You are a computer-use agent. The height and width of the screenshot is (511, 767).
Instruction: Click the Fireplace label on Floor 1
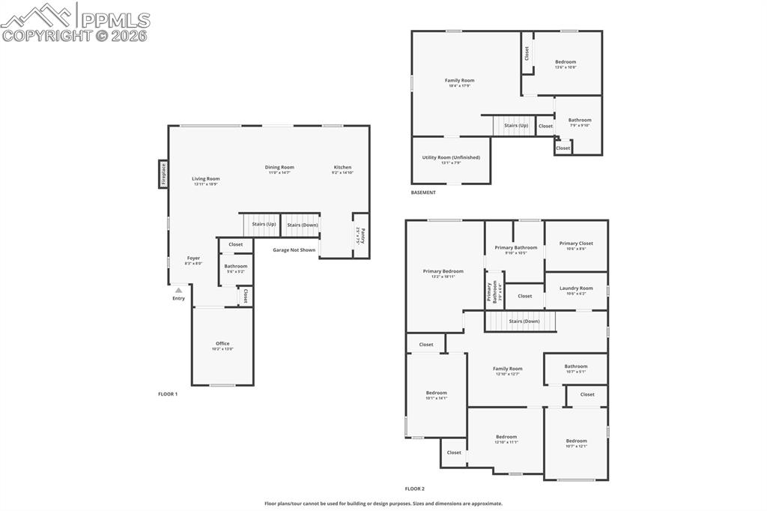point(163,175)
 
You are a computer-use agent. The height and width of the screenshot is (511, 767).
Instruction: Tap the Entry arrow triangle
point(178,291)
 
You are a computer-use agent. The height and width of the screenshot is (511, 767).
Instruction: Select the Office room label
point(222,344)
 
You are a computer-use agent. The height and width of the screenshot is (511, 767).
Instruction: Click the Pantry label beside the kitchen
point(361,235)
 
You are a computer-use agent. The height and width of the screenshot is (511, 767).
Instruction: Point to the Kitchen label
point(342,167)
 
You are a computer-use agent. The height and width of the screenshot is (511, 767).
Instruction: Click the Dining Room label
point(279,167)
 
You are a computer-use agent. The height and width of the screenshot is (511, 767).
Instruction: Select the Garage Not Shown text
point(294,250)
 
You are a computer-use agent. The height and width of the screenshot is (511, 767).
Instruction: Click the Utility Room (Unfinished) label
point(451,157)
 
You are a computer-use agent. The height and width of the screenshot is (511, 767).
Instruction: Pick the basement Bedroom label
point(566,62)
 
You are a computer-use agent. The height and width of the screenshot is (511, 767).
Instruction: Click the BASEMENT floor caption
point(423,193)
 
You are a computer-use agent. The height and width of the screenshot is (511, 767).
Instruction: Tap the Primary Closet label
point(576,244)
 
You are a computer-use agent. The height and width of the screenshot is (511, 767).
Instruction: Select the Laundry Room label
point(576,288)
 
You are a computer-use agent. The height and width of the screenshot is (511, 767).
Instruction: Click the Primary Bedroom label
point(443,271)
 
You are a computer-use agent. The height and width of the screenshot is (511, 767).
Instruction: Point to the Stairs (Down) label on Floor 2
point(524,321)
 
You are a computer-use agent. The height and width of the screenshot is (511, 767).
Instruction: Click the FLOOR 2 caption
point(415,489)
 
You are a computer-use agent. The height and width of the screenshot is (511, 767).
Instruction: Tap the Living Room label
point(206,178)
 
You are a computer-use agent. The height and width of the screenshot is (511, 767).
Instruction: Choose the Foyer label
point(193,258)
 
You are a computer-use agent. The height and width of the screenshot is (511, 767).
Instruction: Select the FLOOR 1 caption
point(168,393)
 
